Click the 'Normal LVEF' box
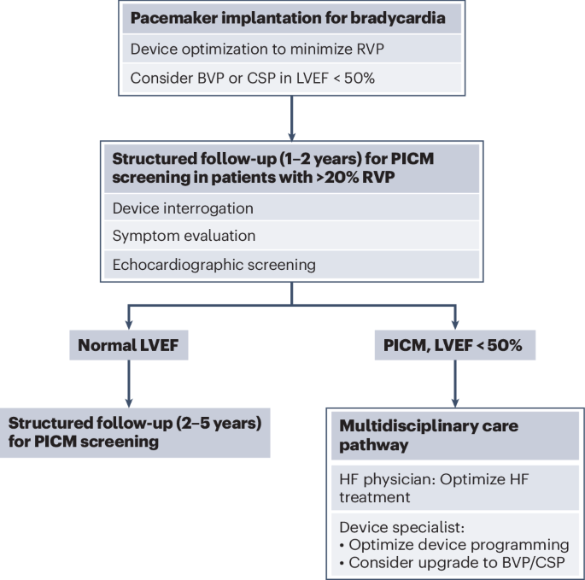(x=127, y=346)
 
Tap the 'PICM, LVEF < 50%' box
(x=454, y=346)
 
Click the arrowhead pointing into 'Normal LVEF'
(x=127, y=325)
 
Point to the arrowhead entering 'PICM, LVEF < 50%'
(x=454, y=325)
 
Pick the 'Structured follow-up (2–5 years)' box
(x=135, y=432)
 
